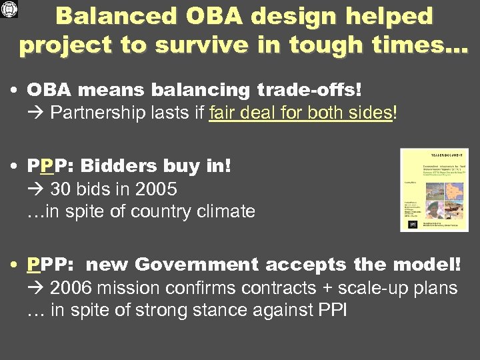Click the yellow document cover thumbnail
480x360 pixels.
[433, 190]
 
